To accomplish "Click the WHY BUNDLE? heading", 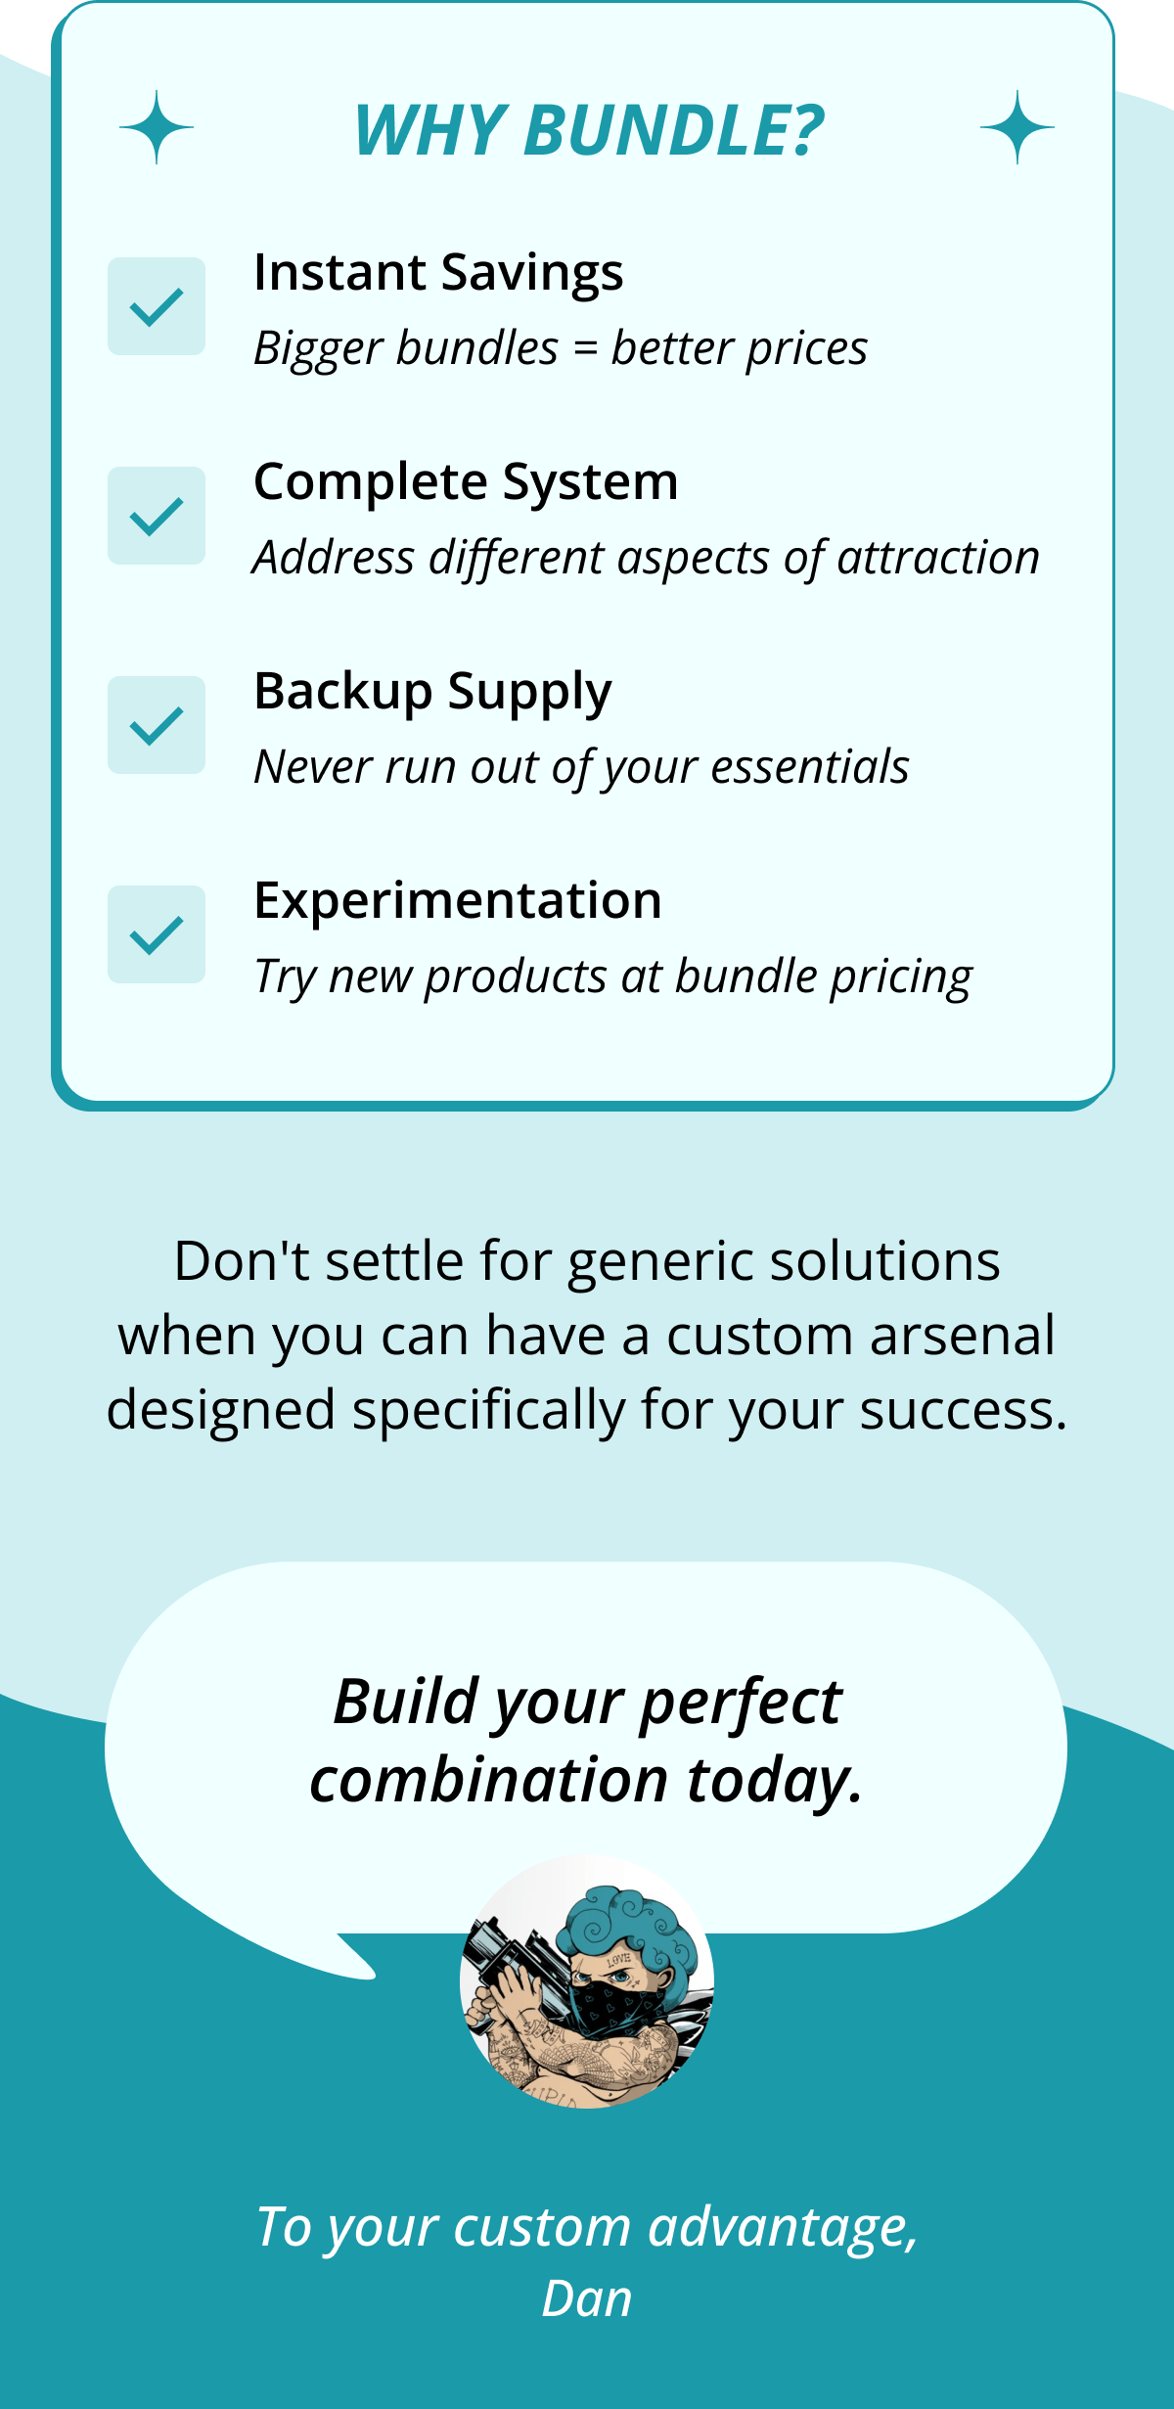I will (x=589, y=130).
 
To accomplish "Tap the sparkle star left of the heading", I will (x=157, y=127).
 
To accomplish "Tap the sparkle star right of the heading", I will (x=1017, y=127).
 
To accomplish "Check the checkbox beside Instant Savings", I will (x=157, y=306).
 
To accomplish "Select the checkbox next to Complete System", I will (x=157, y=516).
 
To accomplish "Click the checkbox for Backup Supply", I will (x=157, y=725).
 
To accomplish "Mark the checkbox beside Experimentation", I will (x=157, y=934).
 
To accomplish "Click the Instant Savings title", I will (x=438, y=272).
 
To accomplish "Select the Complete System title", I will (x=466, y=481).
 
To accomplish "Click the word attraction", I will (x=938, y=558).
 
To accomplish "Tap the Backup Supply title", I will (x=432, y=692).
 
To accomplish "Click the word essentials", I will (x=810, y=767).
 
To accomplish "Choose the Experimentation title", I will (x=458, y=900).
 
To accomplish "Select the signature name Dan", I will (x=587, y=2299).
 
